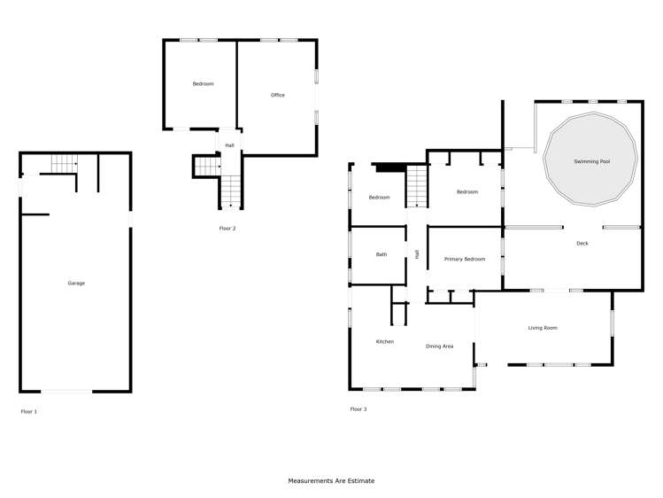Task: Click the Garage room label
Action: [76, 283]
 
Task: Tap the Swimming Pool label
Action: [591, 161]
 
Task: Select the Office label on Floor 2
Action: [277, 95]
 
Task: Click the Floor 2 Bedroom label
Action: [203, 83]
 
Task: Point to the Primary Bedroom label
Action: [465, 259]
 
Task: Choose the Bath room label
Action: [382, 254]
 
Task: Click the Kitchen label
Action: [384, 341]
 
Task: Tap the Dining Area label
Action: [439, 346]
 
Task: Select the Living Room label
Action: [543, 328]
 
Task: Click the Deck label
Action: [582, 243]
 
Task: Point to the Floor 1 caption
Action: [29, 411]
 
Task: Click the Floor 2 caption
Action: [227, 229]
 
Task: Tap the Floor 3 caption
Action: [358, 409]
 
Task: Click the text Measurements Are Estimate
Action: [331, 481]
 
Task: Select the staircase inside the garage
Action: [64, 163]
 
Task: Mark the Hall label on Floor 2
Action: [229, 145]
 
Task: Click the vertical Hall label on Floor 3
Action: [416, 254]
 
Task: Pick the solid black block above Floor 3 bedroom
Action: [389, 167]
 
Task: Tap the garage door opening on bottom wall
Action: [66, 391]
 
